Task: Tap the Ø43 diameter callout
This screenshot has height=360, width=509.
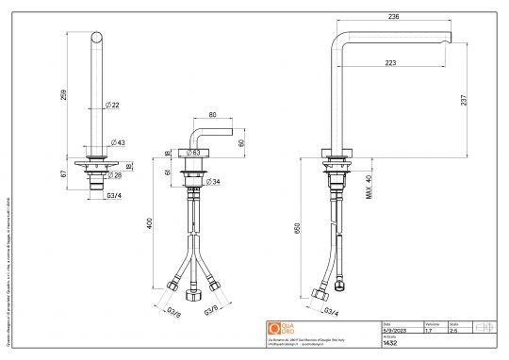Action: [x=117, y=141]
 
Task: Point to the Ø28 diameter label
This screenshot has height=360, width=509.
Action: [x=116, y=175]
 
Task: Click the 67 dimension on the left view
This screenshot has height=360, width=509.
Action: [x=63, y=173]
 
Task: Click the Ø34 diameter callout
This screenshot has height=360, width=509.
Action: [x=213, y=181]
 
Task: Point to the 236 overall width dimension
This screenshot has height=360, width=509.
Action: [x=393, y=15]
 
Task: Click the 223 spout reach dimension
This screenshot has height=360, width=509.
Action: [x=390, y=63]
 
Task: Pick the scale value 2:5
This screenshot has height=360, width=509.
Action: [x=452, y=331]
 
